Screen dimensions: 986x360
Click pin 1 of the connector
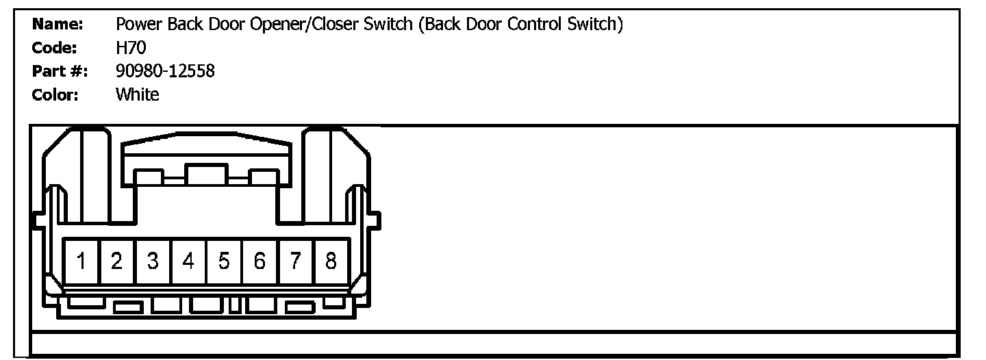tap(81, 261)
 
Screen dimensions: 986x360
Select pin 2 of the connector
tap(117, 261)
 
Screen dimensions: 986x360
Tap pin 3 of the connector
tap(153, 261)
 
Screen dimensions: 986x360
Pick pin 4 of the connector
tap(188, 261)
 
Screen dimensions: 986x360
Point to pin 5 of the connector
tap(224, 261)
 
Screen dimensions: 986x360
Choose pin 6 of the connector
tap(260, 261)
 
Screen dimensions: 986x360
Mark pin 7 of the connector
tap(295, 261)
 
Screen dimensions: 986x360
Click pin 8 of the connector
tap(331, 261)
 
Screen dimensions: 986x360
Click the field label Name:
tap(58, 25)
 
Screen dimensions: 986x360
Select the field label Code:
tap(55, 49)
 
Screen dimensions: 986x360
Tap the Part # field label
tap(60, 71)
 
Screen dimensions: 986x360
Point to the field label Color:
tap(55, 94)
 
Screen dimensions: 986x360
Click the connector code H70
tap(131, 49)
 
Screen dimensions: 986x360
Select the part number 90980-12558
tap(165, 71)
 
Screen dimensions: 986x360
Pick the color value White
tap(138, 94)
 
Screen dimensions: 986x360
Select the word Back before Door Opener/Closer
tap(180, 25)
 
